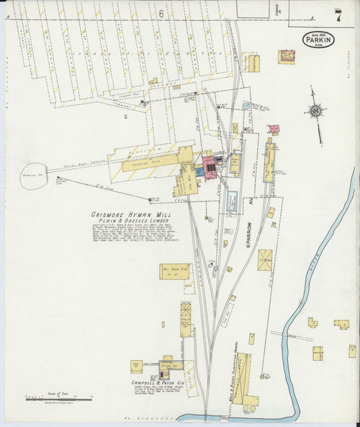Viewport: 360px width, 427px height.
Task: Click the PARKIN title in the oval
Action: [318, 40]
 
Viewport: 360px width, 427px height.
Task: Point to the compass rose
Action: [315, 111]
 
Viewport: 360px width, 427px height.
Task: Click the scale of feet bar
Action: [49, 399]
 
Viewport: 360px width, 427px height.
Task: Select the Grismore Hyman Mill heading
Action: [131, 215]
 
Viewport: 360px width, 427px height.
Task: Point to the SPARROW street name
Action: [249, 234]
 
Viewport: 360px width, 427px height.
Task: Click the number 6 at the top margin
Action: [161, 13]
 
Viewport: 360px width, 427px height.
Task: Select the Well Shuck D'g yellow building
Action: [174, 271]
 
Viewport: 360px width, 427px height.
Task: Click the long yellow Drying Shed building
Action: [150, 162]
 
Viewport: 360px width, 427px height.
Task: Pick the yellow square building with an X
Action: [265, 259]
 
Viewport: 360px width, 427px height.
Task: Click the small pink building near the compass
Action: [274, 128]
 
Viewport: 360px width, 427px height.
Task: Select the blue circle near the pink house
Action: [247, 106]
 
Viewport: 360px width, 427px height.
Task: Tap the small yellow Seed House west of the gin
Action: [136, 366]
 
